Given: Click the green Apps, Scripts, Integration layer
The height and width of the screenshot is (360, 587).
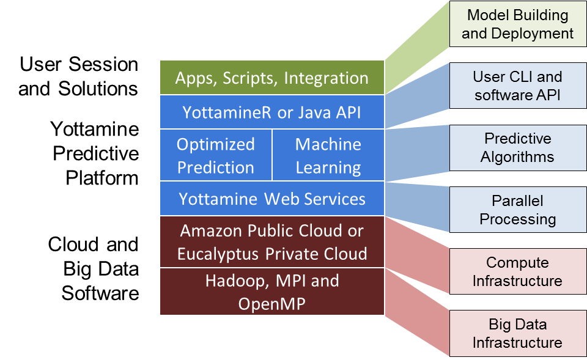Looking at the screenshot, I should pos(272,78).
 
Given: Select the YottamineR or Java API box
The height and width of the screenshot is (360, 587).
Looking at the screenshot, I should pos(272,112).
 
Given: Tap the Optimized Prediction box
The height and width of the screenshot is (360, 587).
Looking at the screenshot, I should pos(215,155).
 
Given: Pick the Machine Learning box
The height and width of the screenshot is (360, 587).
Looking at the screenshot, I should pos(328,155).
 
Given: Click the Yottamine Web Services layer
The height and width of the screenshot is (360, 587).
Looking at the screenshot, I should pos(272,199).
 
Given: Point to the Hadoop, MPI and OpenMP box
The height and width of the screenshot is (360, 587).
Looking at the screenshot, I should pos(272,292).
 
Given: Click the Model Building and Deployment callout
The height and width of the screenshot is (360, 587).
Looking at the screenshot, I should pos(517,24).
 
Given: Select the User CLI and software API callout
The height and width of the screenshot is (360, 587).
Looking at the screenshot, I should pos(517,86).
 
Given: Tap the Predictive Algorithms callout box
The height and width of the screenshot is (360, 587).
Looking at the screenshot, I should pos(517,148).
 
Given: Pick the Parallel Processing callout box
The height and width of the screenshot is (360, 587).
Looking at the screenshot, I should pos(517,210).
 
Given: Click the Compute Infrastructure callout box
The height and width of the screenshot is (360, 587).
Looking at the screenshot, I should pos(517,272).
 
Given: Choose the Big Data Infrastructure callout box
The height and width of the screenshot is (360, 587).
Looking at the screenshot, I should pos(517,333).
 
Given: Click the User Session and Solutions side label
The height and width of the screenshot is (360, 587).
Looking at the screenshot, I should pos(78,76).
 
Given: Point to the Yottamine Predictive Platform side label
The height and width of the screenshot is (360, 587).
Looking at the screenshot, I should pos(95,153).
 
